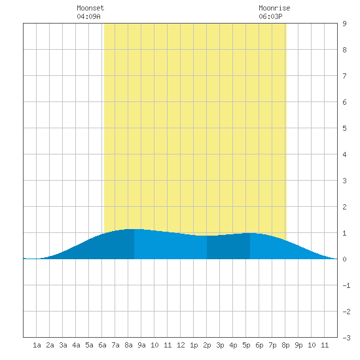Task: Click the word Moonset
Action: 90,8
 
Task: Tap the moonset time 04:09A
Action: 88,16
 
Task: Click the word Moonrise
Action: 274,8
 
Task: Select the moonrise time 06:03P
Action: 270,16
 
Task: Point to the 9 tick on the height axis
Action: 344,24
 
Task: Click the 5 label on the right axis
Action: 344,128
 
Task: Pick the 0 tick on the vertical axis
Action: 344,259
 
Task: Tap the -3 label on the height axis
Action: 346,338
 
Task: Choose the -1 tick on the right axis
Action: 346,285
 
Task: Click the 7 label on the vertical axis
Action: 344,76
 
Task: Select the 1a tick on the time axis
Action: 37,345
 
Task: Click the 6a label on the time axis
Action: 102,345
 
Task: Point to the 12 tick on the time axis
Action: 181,345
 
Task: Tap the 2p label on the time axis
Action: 207,346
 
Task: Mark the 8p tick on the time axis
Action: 285,346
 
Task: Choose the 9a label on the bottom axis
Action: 141,345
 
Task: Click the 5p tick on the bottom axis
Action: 246,346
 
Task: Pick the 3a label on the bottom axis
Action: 63,345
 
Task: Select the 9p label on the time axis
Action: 298,346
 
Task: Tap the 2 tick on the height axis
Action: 344,207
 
